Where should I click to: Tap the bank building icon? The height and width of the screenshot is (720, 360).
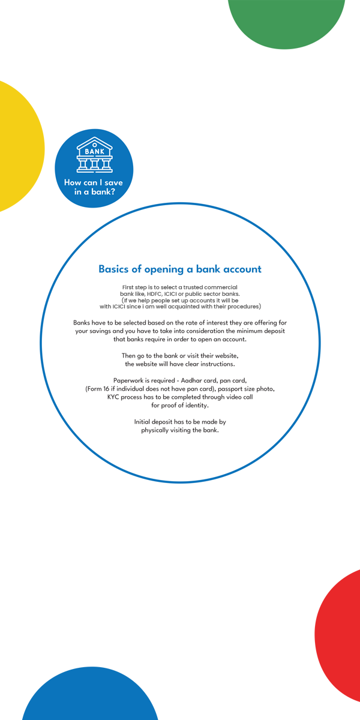[94, 155]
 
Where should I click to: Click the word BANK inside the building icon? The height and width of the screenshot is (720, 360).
[94, 152]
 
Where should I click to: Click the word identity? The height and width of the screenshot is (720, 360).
[194, 406]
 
